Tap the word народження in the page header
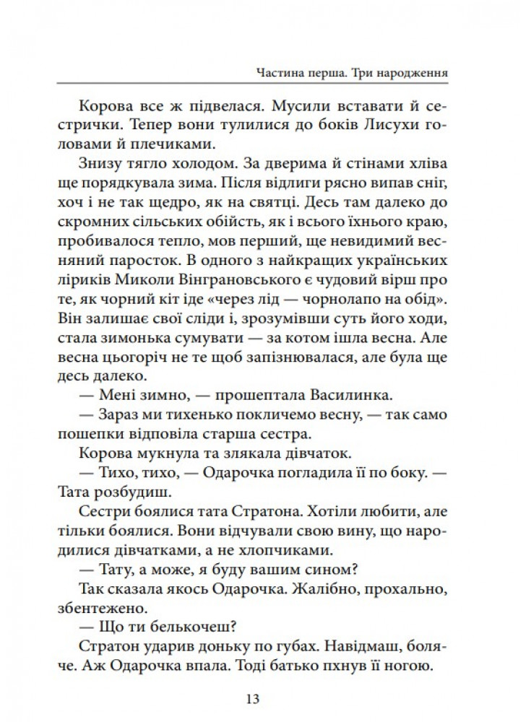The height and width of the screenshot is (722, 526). pos(406,73)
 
